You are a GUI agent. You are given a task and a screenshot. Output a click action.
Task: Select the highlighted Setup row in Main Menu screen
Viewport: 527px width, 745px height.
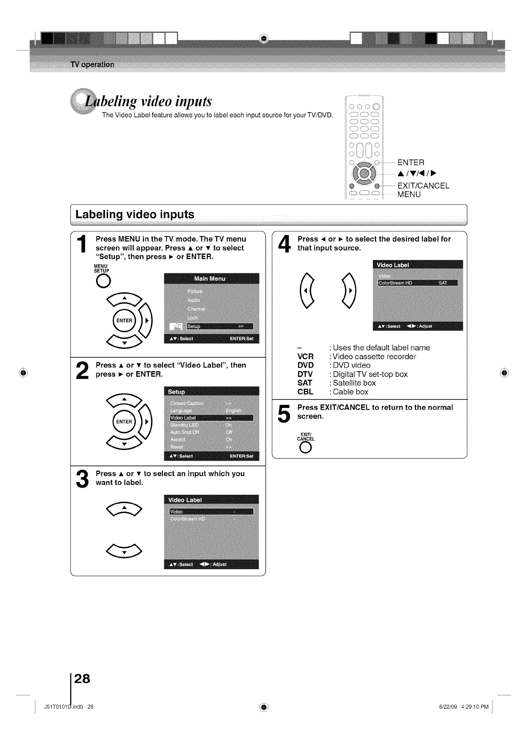coord(220,326)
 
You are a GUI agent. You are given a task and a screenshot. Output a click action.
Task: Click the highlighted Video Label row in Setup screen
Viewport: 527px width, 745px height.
coord(211,418)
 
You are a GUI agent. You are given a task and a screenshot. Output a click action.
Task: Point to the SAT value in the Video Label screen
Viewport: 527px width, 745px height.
coord(442,283)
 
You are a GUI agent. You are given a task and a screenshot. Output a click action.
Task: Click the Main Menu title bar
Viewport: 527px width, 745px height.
coord(211,279)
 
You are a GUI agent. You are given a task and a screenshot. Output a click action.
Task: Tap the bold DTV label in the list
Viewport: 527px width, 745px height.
coord(305,374)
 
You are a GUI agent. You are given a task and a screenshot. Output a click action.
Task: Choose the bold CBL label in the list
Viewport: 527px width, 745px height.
coord(305,392)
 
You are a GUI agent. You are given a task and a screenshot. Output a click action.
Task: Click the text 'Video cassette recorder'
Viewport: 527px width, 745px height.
coord(374,357)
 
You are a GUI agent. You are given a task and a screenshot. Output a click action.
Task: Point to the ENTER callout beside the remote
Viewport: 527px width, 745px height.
coord(411,163)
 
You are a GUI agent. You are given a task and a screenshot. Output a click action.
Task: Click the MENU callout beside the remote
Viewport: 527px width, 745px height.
coord(409,194)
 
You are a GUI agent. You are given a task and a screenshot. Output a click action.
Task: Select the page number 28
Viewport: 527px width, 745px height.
coord(82,679)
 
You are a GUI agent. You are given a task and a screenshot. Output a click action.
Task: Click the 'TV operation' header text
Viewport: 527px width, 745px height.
coord(93,65)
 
